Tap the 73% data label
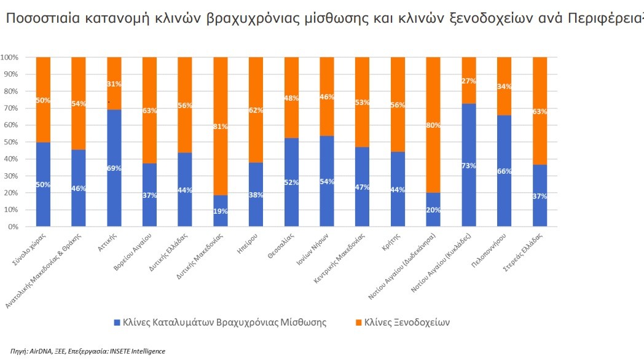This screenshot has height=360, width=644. point(468,166)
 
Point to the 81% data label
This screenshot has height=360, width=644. point(220,127)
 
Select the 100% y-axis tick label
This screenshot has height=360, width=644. point(10,57)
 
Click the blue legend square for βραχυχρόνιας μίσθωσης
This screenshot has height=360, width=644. point(117,322)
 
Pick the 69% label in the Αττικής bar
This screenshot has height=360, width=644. point(114,168)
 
